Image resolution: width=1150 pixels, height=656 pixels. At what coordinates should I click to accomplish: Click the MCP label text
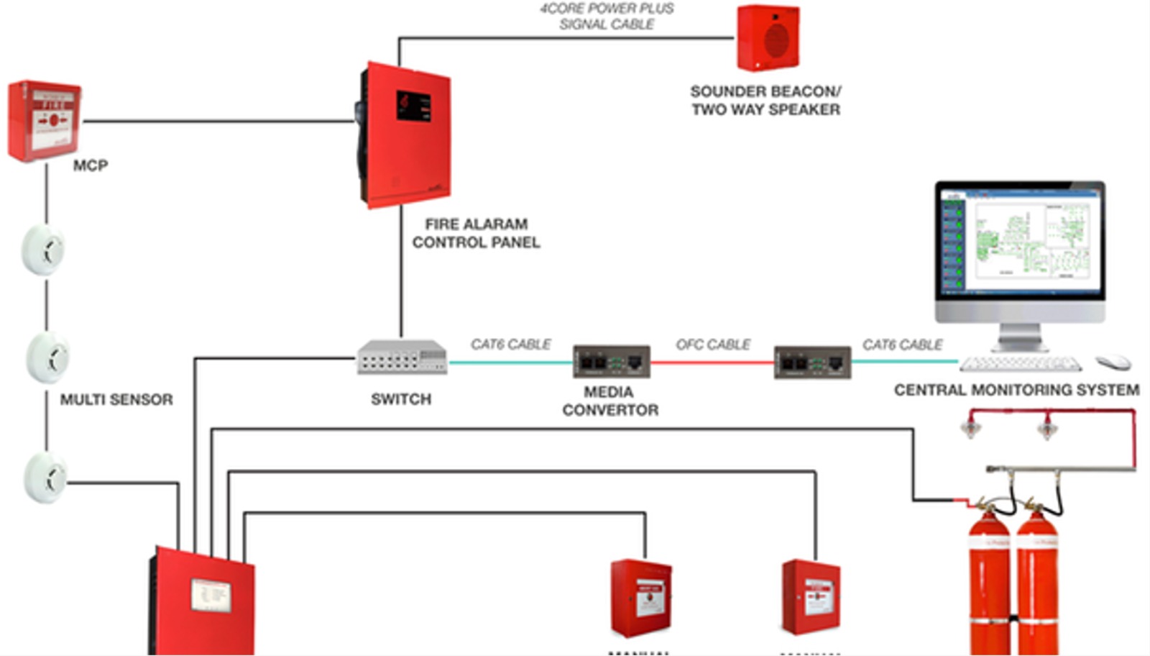click(91, 165)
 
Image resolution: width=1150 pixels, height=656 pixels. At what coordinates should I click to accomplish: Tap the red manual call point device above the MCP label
click(45, 121)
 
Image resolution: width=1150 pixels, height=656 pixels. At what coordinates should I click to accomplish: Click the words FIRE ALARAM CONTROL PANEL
click(476, 233)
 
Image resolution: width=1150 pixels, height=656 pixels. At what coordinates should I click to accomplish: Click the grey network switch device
click(402, 357)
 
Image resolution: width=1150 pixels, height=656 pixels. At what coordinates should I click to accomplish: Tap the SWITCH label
click(401, 399)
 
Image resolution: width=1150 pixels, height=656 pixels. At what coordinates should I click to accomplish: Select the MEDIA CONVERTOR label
click(609, 401)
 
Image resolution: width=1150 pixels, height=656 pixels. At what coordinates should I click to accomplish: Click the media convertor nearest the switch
click(611, 362)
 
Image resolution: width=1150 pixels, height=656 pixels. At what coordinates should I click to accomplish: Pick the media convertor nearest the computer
click(812, 362)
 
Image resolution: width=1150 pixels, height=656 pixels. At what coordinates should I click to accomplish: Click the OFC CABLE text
click(713, 345)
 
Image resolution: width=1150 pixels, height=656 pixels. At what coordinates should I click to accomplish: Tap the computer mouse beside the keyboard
click(1113, 362)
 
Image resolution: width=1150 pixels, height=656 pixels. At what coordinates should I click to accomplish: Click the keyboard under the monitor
click(1020, 364)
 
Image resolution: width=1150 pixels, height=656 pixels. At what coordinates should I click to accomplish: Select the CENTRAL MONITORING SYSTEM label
click(1016, 390)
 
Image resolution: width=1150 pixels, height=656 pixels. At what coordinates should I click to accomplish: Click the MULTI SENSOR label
click(116, 399)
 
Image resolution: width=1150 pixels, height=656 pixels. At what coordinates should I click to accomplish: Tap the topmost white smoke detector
click(45, 250)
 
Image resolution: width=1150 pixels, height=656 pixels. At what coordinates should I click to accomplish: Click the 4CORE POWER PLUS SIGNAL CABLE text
click(607, 17)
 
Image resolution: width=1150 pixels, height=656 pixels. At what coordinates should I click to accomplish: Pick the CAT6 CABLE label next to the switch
click(510, 345)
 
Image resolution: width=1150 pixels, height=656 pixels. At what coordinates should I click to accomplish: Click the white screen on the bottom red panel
click(211, 594)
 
